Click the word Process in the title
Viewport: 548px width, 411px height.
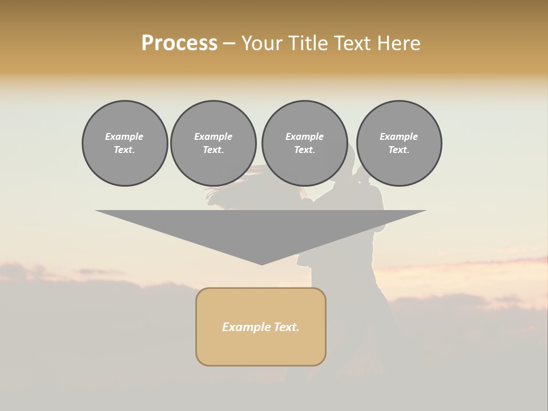coord(179,43)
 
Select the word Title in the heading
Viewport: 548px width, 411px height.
coord(311,43)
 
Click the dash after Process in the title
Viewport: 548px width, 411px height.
coord(229,44)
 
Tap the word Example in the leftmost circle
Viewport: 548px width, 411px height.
coord(124,136)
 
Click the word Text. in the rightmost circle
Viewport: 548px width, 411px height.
coord(398,150)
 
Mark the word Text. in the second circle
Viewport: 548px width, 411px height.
coord(213,150)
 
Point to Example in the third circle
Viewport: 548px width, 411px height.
coord(304,136)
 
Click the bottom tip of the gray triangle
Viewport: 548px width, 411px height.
coord(261,263)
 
